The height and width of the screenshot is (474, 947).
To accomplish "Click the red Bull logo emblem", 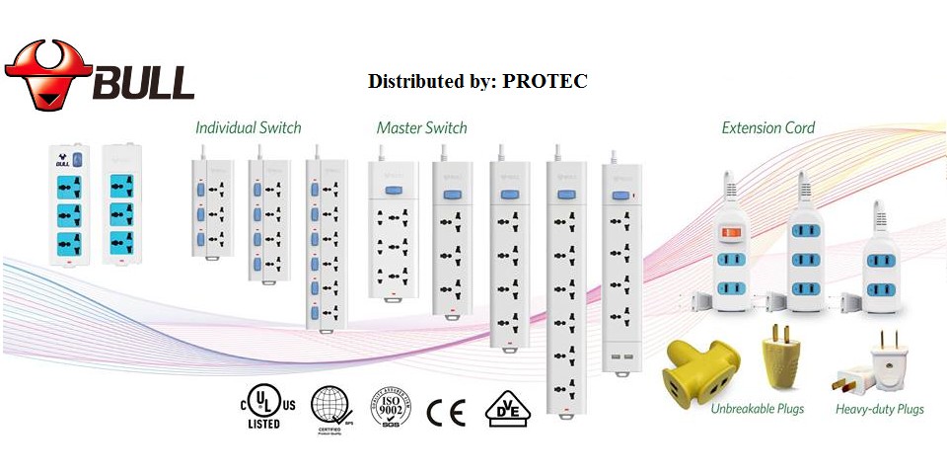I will pos(47,73).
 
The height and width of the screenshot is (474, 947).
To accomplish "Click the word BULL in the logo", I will pos(143,82).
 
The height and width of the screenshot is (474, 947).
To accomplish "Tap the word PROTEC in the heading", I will pos(545,81).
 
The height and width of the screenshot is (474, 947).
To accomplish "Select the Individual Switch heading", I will pos(249,127).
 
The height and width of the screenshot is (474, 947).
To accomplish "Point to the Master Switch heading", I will pos(422,127).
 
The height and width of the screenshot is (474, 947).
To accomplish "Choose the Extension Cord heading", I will pos(768,127).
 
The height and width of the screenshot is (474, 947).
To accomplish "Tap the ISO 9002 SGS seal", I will pos(390,407).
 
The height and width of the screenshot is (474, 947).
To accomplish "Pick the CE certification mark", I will pos(446,410).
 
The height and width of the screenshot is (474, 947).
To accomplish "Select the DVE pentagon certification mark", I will pos(503,409).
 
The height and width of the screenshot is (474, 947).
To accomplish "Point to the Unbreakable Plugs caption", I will pos(757,409).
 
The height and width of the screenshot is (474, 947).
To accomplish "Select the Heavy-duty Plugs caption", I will pos(879,409).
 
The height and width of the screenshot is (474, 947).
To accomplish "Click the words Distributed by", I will pos(430,81).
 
